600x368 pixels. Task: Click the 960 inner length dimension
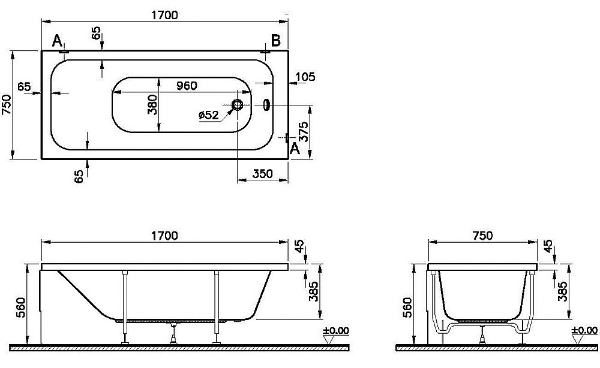tap(187, 86)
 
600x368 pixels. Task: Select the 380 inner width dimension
tap(152, 105)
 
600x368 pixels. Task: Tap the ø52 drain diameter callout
tap(209, 114)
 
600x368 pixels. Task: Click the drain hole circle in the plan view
tap(238, 105)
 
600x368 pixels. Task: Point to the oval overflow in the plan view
tap(266, 105)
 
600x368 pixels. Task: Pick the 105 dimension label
tap(305, 77)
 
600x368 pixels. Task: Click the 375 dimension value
tap(304, 132)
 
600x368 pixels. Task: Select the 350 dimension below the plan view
tap(263, 174)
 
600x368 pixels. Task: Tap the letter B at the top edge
tap(276, 40)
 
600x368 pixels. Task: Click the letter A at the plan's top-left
tap(56, 40)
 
